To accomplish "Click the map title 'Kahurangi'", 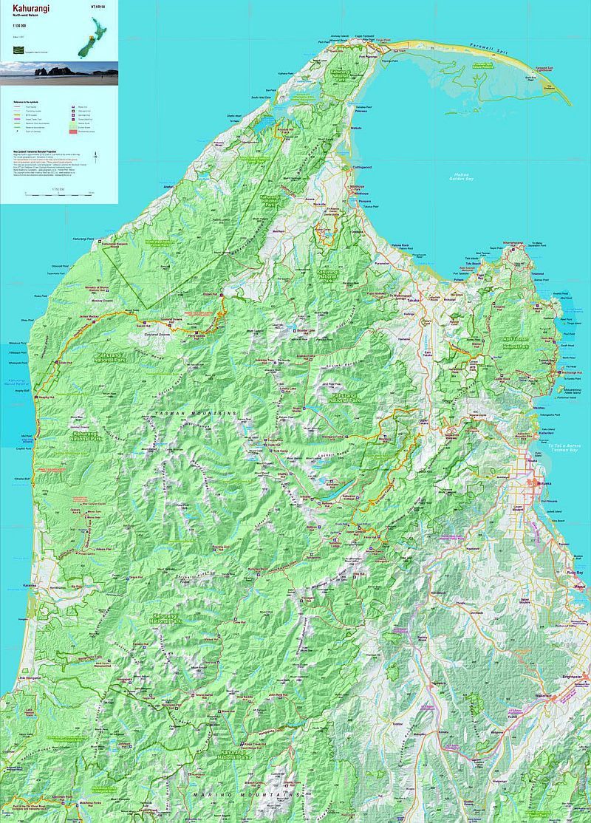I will (27, 8).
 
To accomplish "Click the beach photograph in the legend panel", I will (59, 73).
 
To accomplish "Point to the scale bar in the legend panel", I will (59, 194).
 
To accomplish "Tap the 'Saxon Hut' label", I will (143, 324).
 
